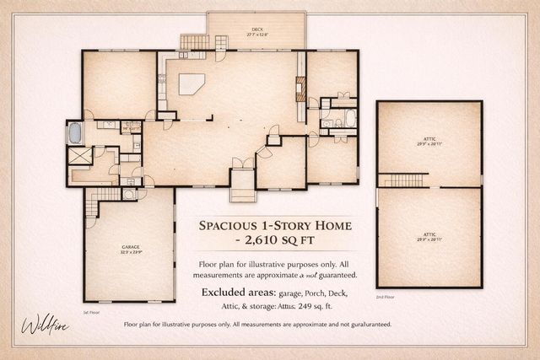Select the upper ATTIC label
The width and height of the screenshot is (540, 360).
click(x=429, y=140)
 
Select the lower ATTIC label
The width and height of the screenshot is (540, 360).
click(x=429, y=237)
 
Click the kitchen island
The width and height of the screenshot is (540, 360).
click(x=192, y=83)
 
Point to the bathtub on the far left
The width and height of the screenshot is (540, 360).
click(x=74, y=133)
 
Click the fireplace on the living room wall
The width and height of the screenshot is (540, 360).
click(x=299, y=88)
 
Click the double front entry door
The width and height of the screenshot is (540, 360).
click(x=241, y=162)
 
